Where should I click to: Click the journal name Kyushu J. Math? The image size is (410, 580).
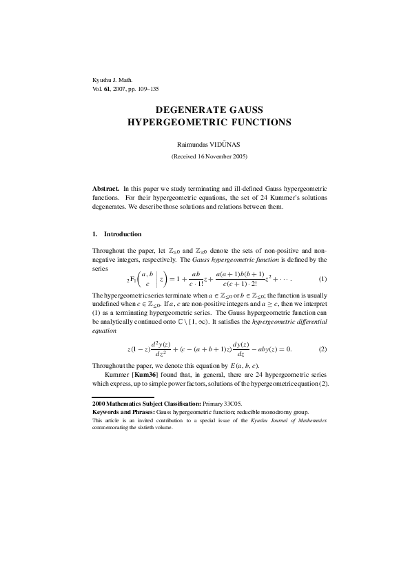(x=110, y=80)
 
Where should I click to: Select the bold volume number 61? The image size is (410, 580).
(x=107, y=90)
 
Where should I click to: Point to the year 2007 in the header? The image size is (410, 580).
(x=122, y=90)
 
